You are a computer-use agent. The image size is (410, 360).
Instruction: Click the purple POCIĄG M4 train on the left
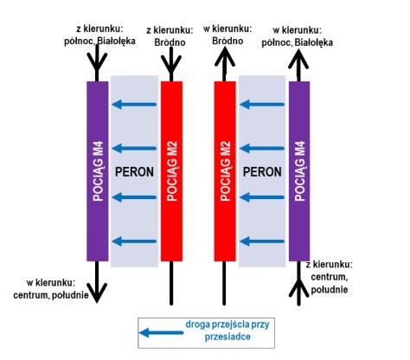[x=98, y=171]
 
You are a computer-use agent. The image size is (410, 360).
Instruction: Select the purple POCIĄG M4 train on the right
[x=299, y=171]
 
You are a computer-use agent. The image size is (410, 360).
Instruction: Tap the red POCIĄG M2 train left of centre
[x=171, y=171]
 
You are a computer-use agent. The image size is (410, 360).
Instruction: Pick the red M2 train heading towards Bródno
[x=225, y=171]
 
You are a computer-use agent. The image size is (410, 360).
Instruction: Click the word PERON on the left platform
[x=134, y=172]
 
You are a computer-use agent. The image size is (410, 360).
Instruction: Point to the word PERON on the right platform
[x=262, y=172]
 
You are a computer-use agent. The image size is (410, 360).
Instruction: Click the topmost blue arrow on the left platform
[x=134, y=104]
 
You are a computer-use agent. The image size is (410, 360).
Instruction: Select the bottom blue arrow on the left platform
[x=134, y=241]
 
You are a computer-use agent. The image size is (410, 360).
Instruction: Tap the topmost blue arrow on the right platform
[x=262, y=104]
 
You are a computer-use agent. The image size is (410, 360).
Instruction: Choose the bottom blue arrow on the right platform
[x=262, y=241]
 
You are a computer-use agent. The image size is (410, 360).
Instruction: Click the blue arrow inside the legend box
[x=161, y=332]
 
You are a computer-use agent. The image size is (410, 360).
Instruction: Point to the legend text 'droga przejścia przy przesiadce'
[x=227, y=331]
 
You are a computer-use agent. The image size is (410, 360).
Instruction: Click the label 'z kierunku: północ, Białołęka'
[x=99, y=35]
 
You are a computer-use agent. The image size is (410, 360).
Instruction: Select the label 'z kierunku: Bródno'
[x=170, y=36]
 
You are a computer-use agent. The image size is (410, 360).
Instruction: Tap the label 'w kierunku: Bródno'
[x=227, y=35]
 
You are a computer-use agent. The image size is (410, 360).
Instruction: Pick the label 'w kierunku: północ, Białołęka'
[x=298, y=36]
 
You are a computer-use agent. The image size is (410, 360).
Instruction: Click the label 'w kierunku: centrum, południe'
[x=51, y=289]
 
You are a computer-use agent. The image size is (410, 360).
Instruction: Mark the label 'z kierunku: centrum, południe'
[x=330, y=277]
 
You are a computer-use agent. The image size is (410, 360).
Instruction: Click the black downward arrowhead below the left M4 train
[x=97, y=292]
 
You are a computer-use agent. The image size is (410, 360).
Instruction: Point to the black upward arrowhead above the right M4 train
[x=298, y=59]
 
